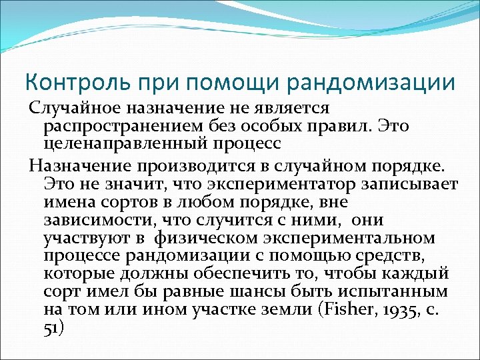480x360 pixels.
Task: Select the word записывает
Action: (411, 183)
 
